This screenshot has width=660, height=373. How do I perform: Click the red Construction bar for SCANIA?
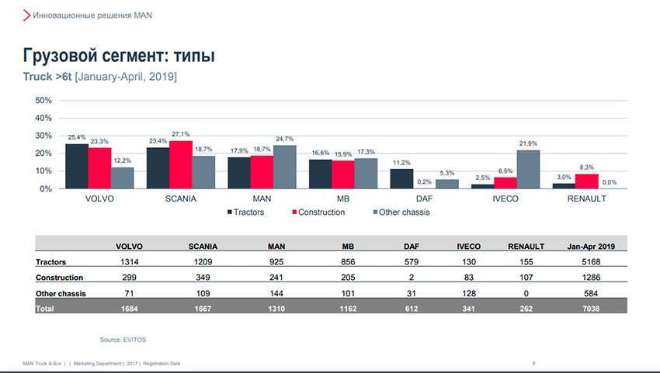181,164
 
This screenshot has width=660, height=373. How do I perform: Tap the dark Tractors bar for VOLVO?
77,166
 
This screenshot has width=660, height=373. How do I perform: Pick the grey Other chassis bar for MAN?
284,167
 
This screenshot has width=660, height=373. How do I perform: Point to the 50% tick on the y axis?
43,101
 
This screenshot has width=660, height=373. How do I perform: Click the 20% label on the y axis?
43,154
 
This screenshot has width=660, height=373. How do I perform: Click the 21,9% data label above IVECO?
529,143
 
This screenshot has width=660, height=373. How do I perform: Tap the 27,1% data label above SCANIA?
181,134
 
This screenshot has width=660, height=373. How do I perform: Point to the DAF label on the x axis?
424,199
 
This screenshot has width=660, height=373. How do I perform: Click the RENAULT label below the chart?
586,199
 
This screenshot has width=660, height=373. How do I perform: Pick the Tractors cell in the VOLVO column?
129,262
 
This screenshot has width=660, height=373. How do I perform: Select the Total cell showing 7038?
592,308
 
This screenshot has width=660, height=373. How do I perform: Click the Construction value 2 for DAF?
411,277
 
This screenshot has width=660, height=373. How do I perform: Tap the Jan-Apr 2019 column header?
592,246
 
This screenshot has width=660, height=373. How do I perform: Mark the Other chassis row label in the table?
61,293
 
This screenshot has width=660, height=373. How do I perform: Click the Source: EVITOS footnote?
123,340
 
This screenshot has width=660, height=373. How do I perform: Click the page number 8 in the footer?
533,363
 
